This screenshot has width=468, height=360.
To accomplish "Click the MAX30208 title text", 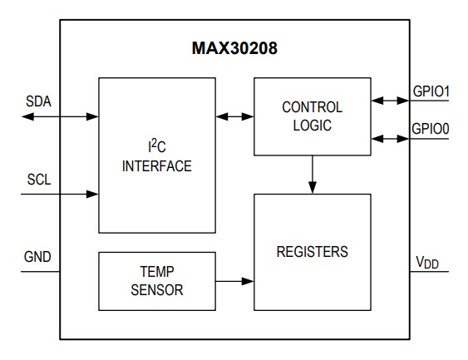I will coord(234,49).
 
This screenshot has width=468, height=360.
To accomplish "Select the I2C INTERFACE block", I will coord(156,155).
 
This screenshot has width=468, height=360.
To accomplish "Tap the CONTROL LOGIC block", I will coord(312,116).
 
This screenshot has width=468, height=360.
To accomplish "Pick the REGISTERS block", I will coord(312,251).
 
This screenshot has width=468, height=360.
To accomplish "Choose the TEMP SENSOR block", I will coord(156,281).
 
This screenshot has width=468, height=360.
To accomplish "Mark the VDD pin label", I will coord(428,264).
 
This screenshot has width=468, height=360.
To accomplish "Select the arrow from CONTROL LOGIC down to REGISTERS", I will coord(312,175).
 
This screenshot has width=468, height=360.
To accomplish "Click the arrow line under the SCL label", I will coord(58,194).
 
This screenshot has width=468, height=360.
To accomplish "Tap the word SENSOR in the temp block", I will coord(156,290).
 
